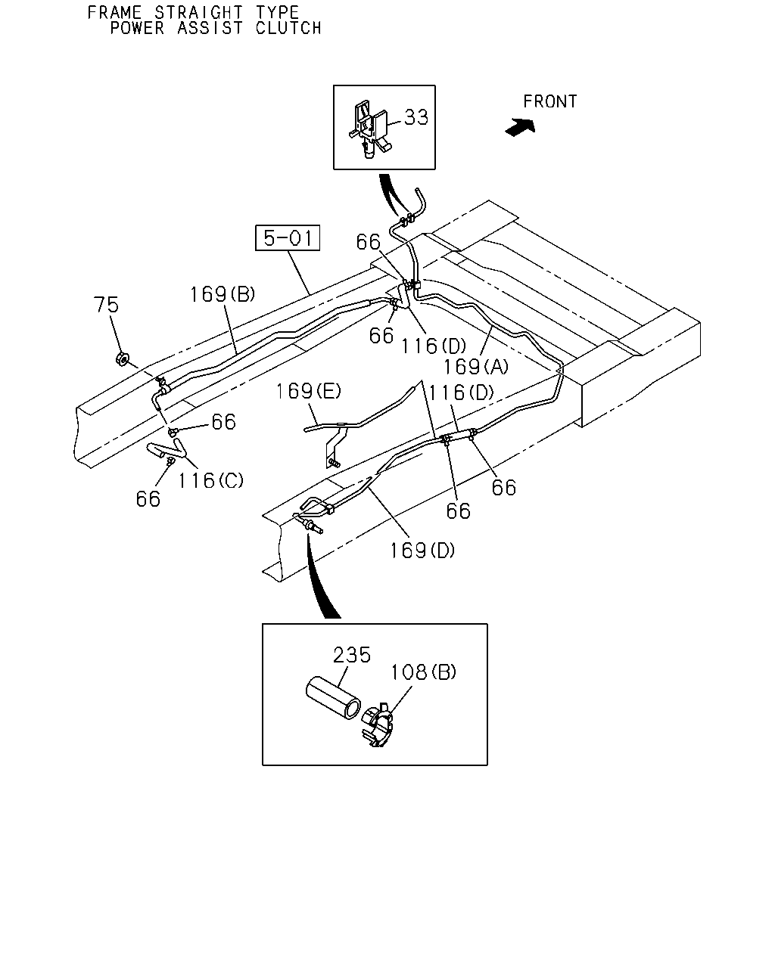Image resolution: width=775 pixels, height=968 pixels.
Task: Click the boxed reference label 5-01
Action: pos(288,237)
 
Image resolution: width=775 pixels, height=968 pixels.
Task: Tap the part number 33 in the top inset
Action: pos(416,117)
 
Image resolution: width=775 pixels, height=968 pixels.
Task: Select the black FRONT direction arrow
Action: pos(520,127)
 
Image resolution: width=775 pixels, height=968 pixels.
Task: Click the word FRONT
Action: pos(549,101)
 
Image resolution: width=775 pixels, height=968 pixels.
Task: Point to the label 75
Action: pos(106,305)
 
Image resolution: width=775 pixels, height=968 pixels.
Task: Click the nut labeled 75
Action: pos(122,359)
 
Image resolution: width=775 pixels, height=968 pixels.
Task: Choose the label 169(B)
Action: pos(223,295)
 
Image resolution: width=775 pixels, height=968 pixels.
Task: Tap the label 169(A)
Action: pos(476,367)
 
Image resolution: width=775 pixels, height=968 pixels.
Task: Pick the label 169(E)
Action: pos(309,391)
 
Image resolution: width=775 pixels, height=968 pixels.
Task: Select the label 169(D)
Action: pos(422,550)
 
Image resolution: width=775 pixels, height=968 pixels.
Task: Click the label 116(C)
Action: pos(210,480)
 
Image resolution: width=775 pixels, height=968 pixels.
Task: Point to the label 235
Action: pos(352,655)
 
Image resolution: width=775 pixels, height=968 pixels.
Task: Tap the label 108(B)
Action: pos(423,672)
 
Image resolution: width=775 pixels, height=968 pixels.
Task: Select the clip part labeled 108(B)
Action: pos(378,724)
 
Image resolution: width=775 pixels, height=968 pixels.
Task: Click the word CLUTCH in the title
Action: pos(288,28)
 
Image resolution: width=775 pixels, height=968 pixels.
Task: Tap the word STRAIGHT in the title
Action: pos(198,12)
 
